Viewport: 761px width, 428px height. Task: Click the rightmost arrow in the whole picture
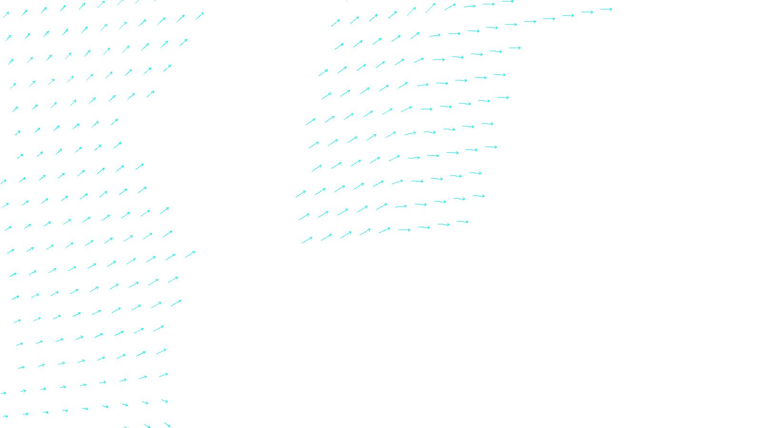(606, 9)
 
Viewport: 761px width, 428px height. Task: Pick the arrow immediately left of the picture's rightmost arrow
(587, 12)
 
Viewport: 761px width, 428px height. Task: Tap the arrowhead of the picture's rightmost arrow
(611, 9)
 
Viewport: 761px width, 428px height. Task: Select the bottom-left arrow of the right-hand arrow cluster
(307, 240)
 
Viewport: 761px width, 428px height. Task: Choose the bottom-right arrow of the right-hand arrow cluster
(463, 222)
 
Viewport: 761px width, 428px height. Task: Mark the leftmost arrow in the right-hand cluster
(301, 194)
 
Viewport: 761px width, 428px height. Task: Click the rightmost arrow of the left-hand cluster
(200, 16)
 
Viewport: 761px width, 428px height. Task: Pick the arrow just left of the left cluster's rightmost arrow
(181, 19)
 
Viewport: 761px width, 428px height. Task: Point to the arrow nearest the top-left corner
(6, 15)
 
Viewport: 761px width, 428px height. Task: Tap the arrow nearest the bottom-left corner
(5, 417)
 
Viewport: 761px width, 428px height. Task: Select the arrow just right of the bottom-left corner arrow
(26, 414)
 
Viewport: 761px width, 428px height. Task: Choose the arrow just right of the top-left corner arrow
(24, 13)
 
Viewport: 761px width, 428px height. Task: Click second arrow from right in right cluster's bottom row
(443, 224)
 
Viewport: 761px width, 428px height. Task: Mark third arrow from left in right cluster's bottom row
(346, 235)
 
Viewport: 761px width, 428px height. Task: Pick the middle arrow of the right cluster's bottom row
(385, 230)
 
